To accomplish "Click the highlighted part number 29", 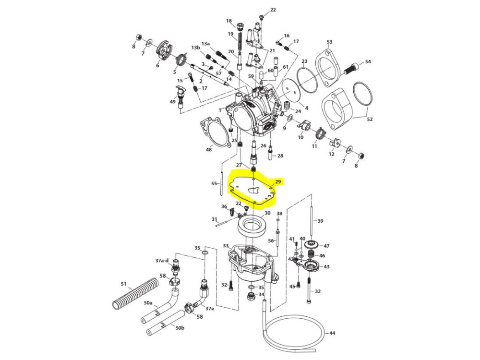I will [x=277, y=182].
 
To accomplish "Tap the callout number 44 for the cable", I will [x=332, y=333].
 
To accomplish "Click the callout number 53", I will [x=329, y=42].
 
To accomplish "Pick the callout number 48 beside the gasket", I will [x=209, y=150].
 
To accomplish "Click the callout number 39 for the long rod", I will [x=321, y=221].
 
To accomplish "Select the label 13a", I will [x=206, y=43].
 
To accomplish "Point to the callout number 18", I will [x=229, y=21].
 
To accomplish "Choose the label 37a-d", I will [x=162, y=261].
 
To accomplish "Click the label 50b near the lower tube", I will [x=180, y=328].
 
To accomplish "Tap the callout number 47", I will [x=326, y=246].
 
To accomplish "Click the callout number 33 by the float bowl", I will [x=226, y=246].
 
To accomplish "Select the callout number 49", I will [x=173, y=101].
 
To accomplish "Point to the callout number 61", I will [x=285, y=67].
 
